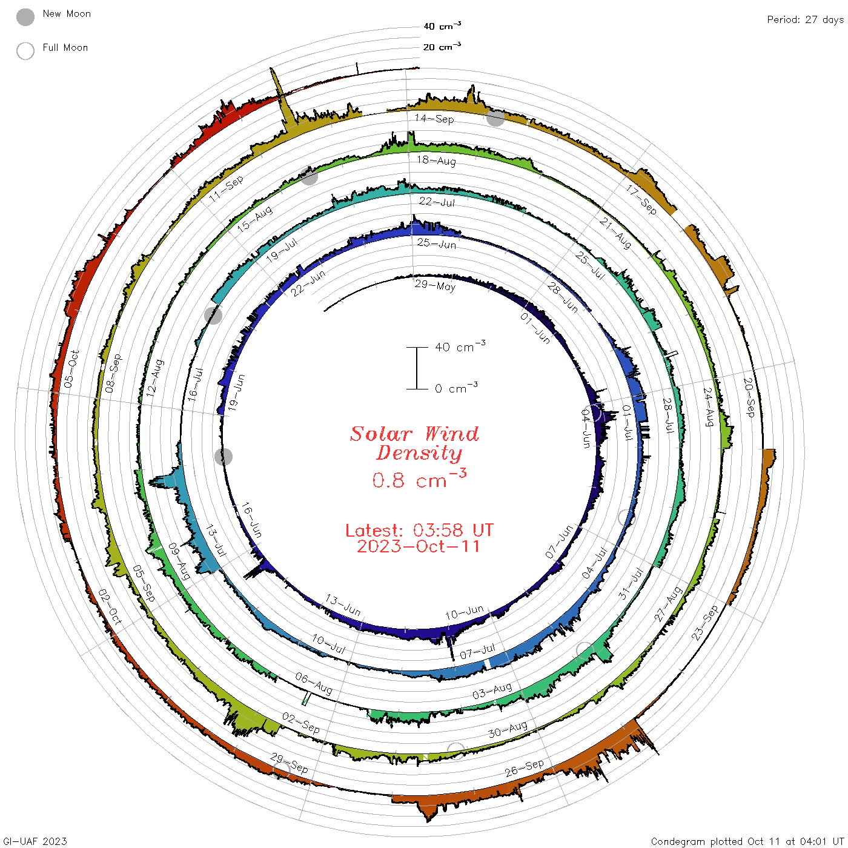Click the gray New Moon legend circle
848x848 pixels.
pos(25,17)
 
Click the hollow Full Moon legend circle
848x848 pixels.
pos(25,51)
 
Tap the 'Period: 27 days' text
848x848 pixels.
pos(806,20)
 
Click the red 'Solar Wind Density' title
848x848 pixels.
pos(414,443)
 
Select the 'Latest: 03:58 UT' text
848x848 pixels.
pos(419,530)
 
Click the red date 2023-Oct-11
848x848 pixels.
pos(418,546)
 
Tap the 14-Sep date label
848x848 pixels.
pos(434,119)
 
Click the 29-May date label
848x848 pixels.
pos(435,286)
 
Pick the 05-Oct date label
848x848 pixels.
pos(71,369)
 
